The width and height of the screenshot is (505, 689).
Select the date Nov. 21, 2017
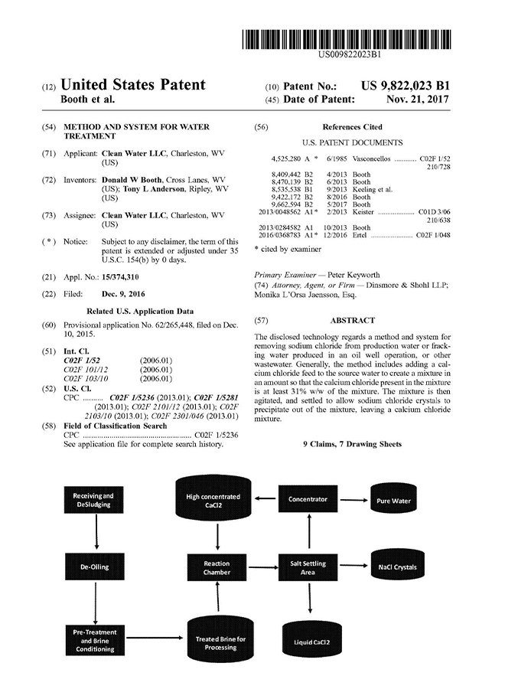(418, 100)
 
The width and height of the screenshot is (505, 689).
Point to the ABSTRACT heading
(352, 321)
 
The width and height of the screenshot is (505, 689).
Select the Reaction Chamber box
(217, 567)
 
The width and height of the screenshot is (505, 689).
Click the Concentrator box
(308, 500)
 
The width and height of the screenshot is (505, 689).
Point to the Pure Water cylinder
(394, 499)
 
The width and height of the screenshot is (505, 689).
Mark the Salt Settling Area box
(308, 567)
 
